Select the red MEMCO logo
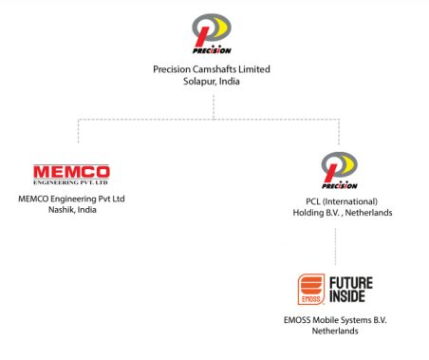coord(71,174)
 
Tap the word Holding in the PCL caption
coord(310,213)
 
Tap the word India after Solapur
coord(231,83)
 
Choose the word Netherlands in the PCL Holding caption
coord(367,213)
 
